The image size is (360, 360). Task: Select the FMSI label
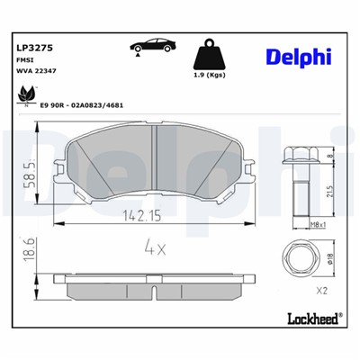26,60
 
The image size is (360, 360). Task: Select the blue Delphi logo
296,58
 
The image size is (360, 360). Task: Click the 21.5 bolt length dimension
331,192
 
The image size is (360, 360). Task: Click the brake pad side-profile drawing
146,282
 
